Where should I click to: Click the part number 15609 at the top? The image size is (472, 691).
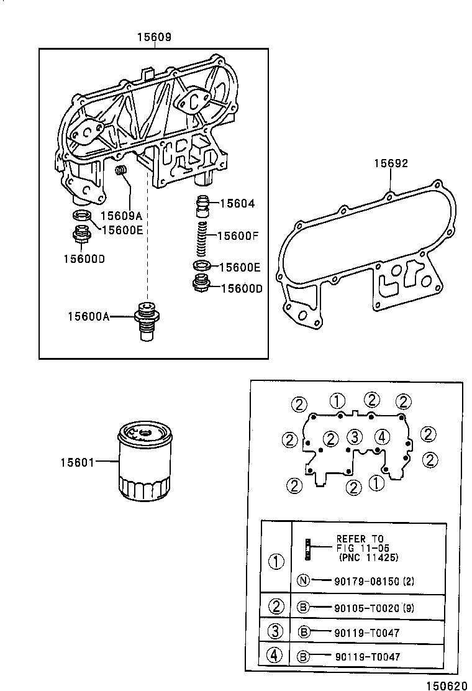[154, 38]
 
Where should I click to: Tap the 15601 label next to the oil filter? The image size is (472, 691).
[77, 462]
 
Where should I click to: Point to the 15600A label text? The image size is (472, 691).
[89, 316]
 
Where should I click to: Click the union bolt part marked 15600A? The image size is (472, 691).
[147, 319]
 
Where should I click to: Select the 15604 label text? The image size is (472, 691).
[237, 203]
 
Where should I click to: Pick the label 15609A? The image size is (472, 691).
[122, 216]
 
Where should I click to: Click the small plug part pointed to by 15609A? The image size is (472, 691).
[122, 170]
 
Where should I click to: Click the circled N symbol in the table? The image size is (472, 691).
[302, 581]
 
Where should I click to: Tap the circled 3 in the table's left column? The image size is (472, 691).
[275, 632]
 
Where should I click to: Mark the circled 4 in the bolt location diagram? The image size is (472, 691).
[382, 437]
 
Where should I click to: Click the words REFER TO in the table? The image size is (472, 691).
[360, 539]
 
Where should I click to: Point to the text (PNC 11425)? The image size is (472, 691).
[368, 557]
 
